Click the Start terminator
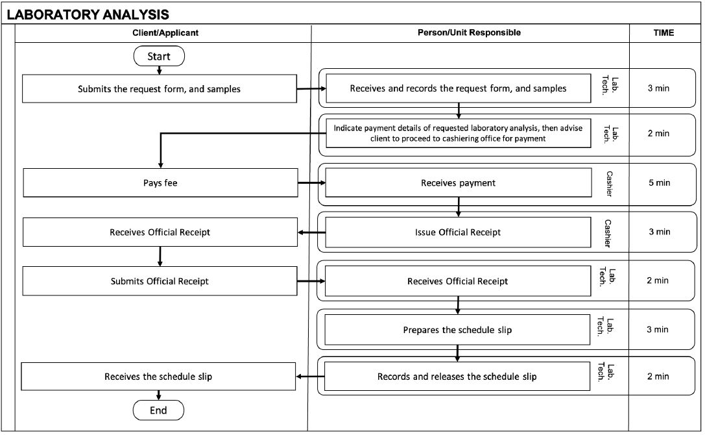[x=159, y=56]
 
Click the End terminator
[x=158, y=410]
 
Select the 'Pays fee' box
[x=160, y=183]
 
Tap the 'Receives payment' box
[x=458, y=183]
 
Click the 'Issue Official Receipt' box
[x=458, y=232]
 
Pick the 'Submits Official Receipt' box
[x=160, y=281]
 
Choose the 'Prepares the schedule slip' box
[x=457, y=330]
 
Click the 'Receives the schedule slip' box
[x=158, y=377]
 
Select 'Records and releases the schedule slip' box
[x=457, y=377]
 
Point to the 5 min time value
[x=659, y=183]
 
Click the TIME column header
[x=663, y=33]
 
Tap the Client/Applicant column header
[x=165, y=33]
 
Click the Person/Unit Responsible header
[x=469, y=32]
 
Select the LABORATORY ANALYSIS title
[x=88, y=14]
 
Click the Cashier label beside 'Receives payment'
[x=609, y=184]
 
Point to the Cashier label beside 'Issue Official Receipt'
[x=608, y=233]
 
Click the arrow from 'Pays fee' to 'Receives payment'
[x=311, y=183]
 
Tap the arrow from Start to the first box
[x=159, y=70]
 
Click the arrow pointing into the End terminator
[x=159, y=395]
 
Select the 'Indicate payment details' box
[x=458, y=133]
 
